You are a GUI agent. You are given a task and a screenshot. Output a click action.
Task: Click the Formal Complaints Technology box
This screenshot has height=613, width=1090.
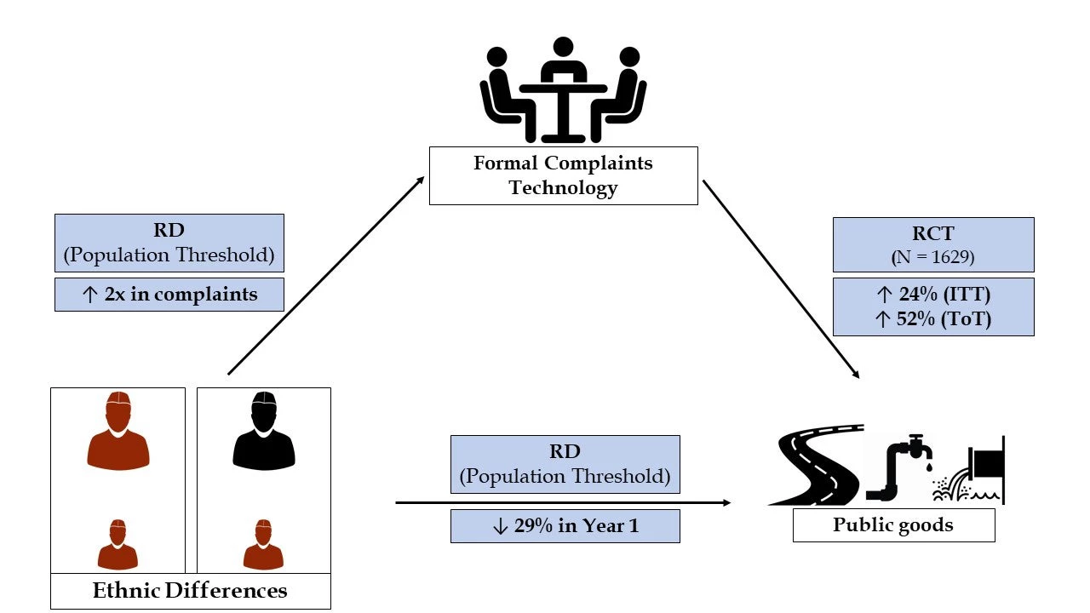point(563,175)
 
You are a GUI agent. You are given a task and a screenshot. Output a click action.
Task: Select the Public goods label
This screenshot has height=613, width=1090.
point(893,524)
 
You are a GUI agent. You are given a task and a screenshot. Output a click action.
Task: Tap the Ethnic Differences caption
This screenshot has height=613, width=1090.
point(190,591)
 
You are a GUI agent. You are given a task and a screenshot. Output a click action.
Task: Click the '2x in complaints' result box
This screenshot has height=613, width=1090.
point(169,295)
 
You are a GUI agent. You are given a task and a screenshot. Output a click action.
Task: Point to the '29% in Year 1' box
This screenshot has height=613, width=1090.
point(565,526)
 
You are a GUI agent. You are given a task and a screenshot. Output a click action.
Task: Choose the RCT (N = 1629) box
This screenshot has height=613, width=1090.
point(932,244)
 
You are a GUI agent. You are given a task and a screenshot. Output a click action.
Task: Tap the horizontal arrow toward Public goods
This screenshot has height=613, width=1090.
point(562,503)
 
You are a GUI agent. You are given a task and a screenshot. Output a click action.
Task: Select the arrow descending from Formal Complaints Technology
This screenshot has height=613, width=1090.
point(780,278)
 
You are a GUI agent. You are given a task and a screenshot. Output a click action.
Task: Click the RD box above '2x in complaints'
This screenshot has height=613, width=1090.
point(169,243)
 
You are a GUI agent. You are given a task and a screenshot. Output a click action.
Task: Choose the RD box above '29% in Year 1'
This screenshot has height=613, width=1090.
point(565,464)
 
